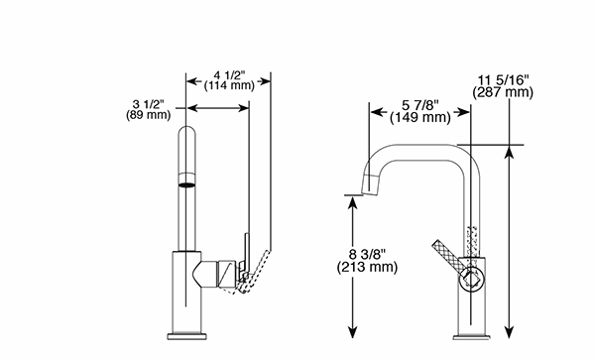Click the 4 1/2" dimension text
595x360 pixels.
[x=229, y=76]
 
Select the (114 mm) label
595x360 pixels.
[x=229, y=85]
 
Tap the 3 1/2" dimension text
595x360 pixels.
[x=149, y=104]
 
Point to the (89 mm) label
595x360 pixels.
[x=149, y=115]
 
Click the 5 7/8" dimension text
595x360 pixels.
[x=420, y=105]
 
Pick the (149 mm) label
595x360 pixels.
[x=420, y=118]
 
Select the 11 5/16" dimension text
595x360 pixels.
[x=503, y=80]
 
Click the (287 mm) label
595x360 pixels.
[x=503, y=92]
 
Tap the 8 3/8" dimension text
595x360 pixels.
[x=367, y=254]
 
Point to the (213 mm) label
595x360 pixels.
[x=367, y=267]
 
